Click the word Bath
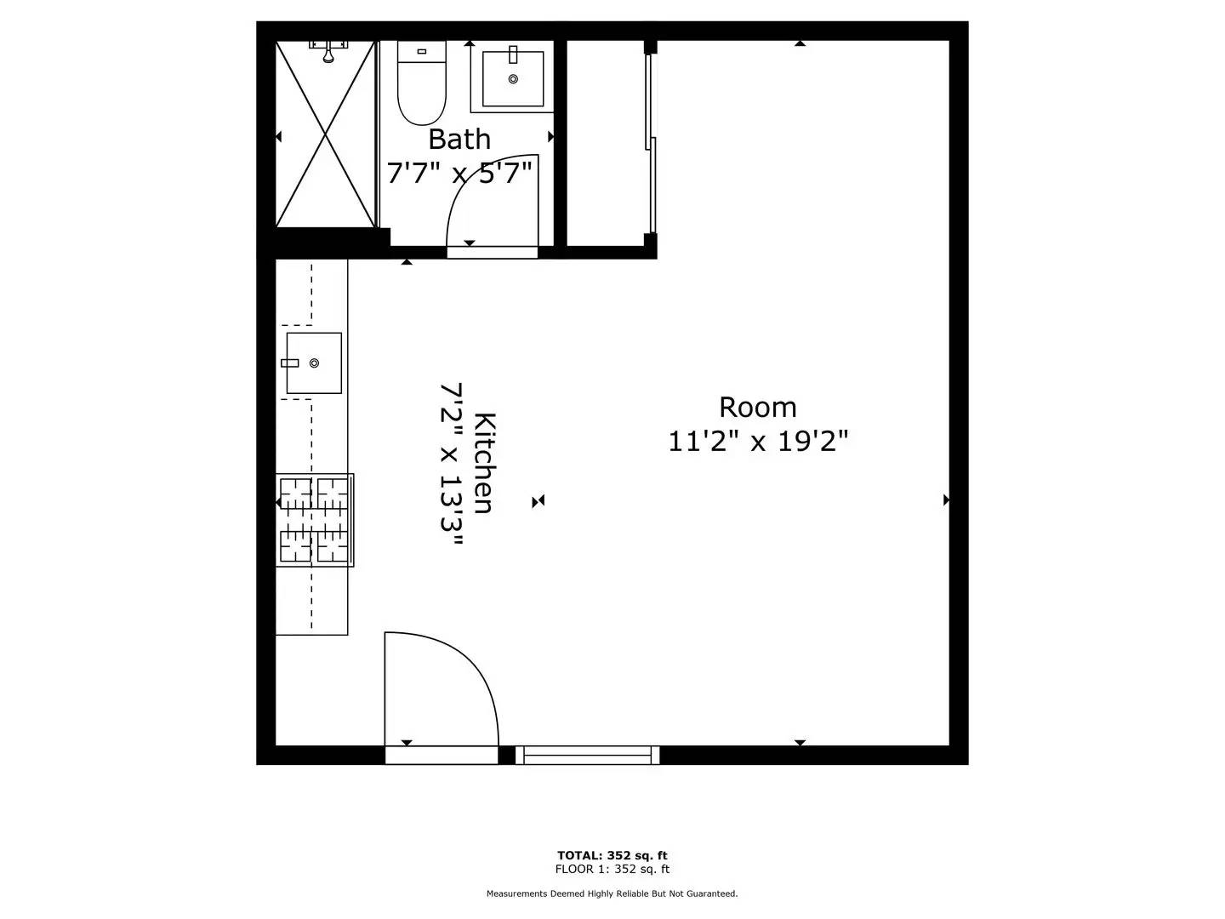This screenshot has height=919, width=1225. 459,139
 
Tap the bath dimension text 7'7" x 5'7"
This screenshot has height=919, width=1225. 459,173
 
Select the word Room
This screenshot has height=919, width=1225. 757,408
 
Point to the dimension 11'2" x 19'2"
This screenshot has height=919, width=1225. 757,442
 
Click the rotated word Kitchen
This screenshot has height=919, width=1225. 483,464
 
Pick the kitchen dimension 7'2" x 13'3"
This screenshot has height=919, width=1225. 452,466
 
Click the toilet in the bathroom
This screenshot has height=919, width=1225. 421,83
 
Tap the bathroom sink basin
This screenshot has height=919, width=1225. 513,78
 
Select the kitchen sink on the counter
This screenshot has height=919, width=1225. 313,363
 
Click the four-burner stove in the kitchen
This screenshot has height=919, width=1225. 314,520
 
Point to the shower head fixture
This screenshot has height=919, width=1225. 328,50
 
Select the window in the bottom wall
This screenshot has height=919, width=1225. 587,755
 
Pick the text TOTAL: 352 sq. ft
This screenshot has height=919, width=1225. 612,855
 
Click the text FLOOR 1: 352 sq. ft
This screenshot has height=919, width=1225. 612,870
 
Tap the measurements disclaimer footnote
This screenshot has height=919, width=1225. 612,893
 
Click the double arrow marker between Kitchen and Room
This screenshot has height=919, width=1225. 538,501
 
